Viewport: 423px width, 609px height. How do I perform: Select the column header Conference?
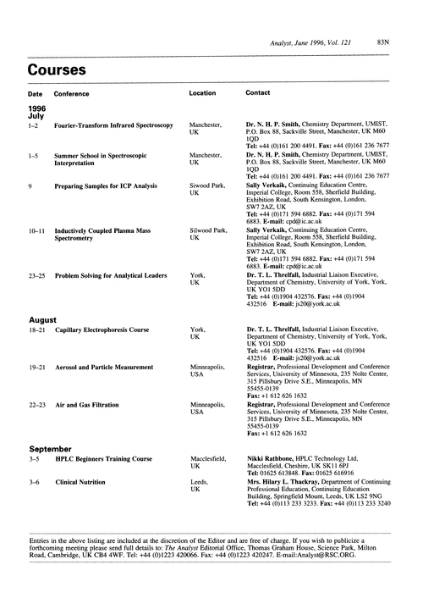click(74, 92)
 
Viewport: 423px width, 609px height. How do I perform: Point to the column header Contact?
click(258, 92)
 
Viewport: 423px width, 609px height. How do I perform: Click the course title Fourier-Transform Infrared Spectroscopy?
click(113, 125)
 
